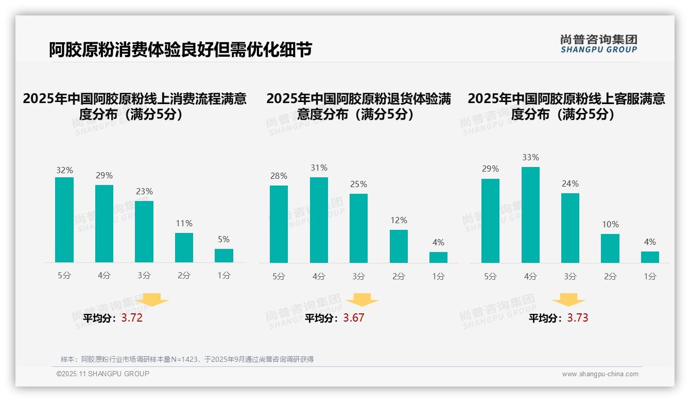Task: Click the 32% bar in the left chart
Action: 64,220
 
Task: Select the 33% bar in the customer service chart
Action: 530,215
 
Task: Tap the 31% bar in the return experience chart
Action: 319,220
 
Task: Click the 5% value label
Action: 223,239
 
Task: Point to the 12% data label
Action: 399,220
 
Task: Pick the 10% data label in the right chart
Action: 610,224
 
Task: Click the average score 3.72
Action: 132,318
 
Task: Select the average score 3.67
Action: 354,318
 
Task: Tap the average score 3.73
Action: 578,318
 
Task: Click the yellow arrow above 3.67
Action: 362,300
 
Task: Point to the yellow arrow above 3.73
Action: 568,300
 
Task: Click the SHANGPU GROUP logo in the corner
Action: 599,44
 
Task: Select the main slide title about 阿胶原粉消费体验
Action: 180,49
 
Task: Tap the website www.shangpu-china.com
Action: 600,374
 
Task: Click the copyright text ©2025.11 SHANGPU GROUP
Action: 103,374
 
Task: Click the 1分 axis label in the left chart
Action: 223,276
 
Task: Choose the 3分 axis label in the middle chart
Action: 358,277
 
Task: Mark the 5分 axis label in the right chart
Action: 490,277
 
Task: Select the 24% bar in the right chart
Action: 570,228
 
